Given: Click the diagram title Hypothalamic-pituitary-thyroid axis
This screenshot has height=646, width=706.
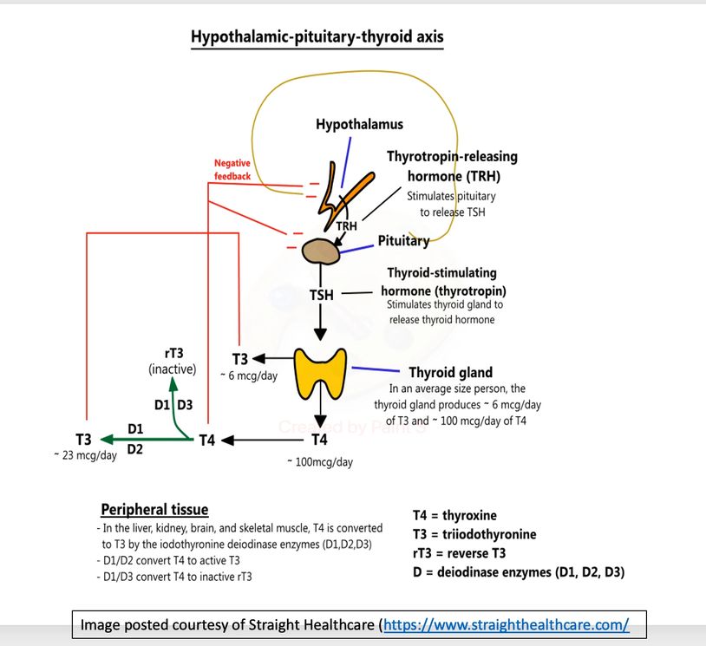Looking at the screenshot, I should (318, 38).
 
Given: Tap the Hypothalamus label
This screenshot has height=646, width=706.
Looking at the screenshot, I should (359, 125).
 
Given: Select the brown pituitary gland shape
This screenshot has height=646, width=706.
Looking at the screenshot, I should (321, 251).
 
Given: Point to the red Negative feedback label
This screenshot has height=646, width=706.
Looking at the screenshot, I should (232, 170).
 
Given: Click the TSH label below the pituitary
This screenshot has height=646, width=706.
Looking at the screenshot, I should (321, 296).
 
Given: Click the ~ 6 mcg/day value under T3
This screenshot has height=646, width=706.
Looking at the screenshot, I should (252, 375).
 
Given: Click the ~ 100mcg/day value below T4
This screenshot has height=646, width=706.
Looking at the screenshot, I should (320, 462).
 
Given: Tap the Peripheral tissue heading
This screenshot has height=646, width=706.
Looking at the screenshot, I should (154, 509).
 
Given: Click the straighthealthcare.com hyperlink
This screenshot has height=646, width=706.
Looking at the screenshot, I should (506, 624).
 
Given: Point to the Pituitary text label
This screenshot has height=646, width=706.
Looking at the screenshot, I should (403, 241).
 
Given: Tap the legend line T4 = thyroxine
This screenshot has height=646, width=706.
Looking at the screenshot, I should (454, 515).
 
